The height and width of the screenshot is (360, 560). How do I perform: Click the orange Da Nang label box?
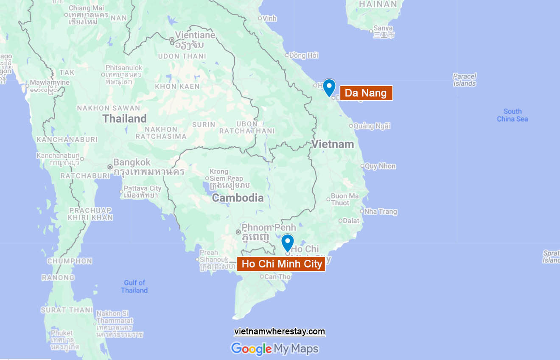pyautogui.click(x=366, y=93)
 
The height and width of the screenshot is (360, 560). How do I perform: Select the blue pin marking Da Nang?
pyautogui.click(x=329, y=87)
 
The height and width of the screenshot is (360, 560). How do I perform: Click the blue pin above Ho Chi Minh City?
pyautogui.click(x=288, y=243)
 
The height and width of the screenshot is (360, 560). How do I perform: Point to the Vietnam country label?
pyautogui.click(x=333, y=144)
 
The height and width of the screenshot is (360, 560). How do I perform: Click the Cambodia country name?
pyautogui.click(x=238, y=198)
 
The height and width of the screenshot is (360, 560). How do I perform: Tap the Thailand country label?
pyautogui.click(x=124, y=118)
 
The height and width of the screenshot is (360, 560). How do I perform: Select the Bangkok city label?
pyautogui.click(x=132, y=162)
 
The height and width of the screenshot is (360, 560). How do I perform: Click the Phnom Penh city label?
pyautogui.click(x=262, y=228)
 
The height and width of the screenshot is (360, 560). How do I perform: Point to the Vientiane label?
pyautogui.click(x=195, y=35)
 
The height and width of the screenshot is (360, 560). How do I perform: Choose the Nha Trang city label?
pyautogui.click(x=381, y=212)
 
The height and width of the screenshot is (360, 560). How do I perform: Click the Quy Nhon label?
pyautogui.click(x=380, y=166)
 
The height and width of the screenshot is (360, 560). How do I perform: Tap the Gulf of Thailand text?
pyautogui.click(x=134, y=286)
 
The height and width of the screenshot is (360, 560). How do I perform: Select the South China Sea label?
pyautogui.click(x=512, y=115)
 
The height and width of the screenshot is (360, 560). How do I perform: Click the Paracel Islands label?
pyautogui.click(x=465, y=80)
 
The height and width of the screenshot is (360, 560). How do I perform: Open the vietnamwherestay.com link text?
pyautogui.click(x=280, y=332)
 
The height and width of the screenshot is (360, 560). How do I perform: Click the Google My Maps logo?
pyautogui.click(x=274, y=349)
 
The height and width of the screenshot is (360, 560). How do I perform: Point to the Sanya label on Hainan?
pyautogui.click(x=383, y=28)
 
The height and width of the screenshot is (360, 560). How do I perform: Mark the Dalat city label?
pyautogui.click(x=351, y=220)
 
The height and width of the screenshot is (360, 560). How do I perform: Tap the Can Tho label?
pyautogui.click(x=277, y=277)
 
